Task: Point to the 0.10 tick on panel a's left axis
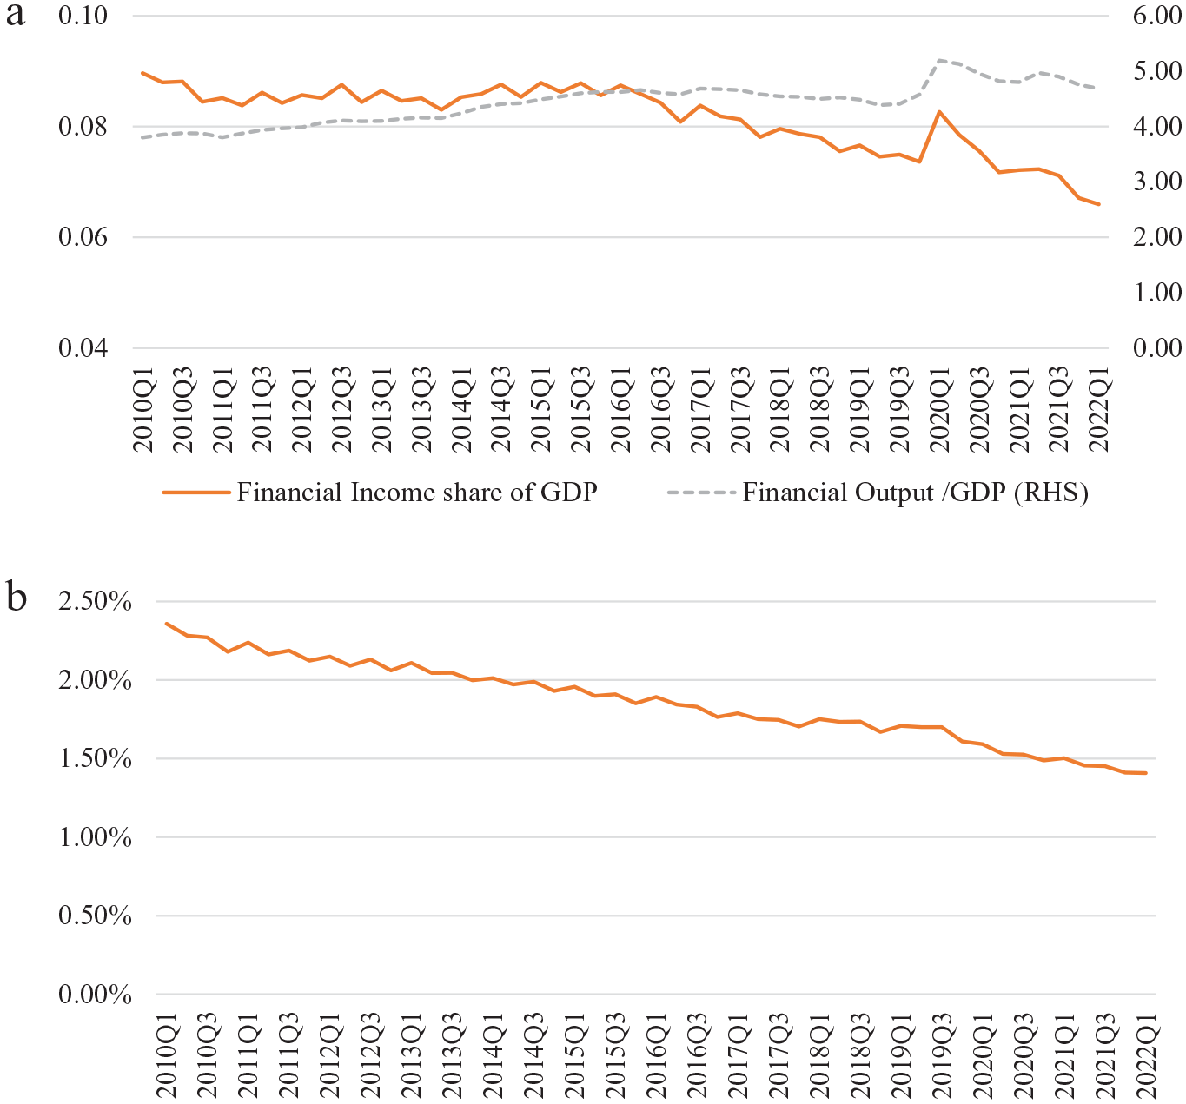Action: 83,16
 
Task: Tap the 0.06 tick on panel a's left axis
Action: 83,237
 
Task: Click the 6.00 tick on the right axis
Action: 1157,16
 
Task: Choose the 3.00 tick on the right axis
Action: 1157,182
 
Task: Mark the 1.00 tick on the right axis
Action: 1157,293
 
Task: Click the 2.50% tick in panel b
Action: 95,601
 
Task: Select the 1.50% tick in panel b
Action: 95,759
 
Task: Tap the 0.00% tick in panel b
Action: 95,995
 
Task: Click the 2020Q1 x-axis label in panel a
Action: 939,410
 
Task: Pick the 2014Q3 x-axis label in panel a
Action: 500,410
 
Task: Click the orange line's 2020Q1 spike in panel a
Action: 939,112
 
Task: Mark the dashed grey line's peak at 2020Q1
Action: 939,60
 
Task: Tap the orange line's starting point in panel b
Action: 166,624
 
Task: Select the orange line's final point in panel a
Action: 1099,204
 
